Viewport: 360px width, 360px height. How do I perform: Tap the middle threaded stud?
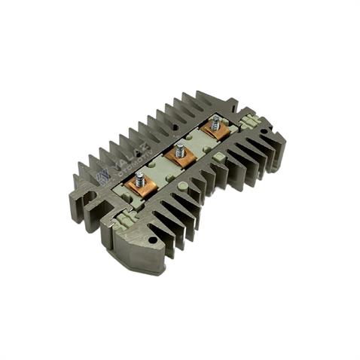pos(179,151)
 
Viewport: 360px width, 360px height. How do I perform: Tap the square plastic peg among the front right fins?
pos(219,156)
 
